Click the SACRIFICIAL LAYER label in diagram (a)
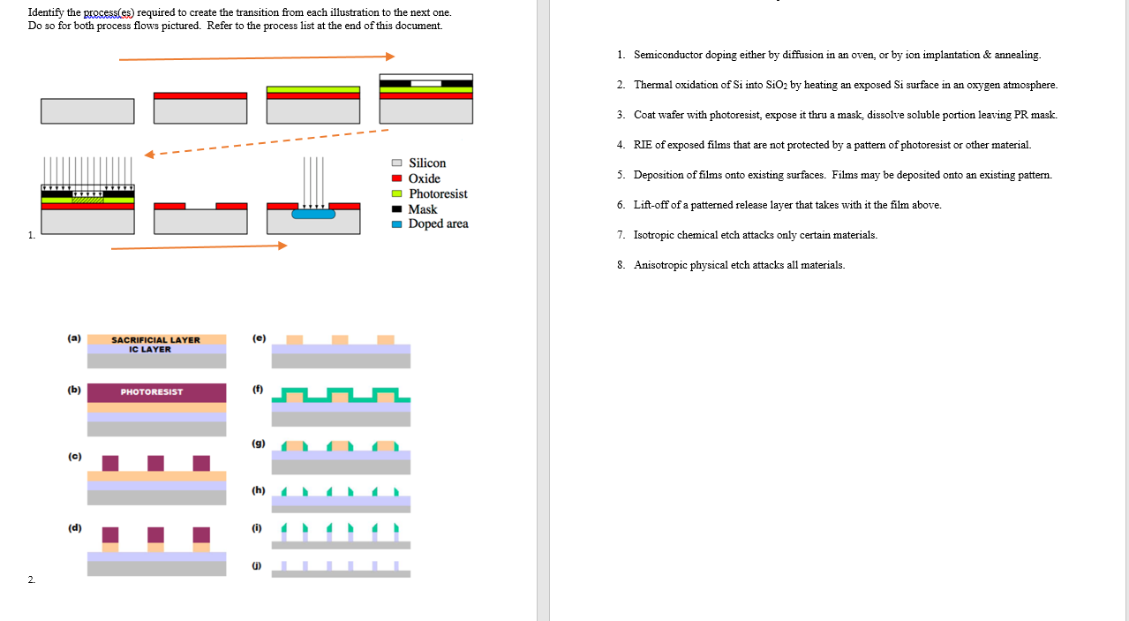pyautogui.click(x=155, y=340)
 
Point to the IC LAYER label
pyautogui.click(x=150, y=349)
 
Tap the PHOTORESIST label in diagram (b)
pyautogui.click(x=152, y=391)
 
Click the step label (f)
pyautogui.click(x=257, y=388)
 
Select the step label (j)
pyautogui.click(x=257, y=563)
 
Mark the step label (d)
pyautogui.click(x=74, y=528)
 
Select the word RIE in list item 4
pyautogui.click(x=643, y=145)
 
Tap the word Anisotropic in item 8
pyautogui.click(x=660, y=265)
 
